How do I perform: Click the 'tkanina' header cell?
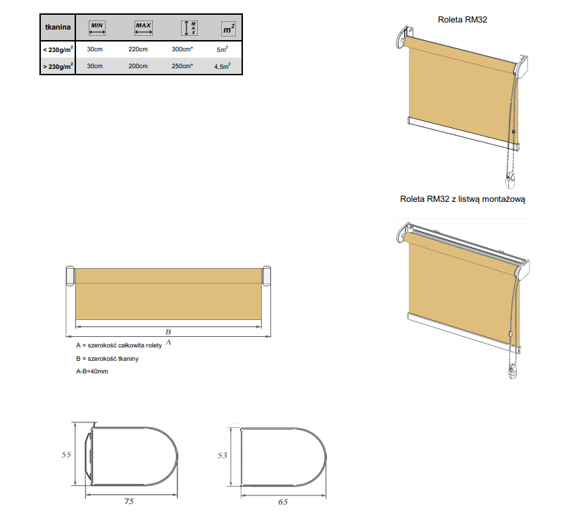(58, 27)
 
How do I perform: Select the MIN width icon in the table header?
(97, 28)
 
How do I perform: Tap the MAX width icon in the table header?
(144, 28)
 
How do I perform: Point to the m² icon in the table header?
(228, 29)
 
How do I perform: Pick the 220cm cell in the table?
(138, 49)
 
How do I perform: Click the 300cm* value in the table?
(182, 49)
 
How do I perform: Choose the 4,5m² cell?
(222, 66)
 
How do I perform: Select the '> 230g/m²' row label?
(58, 66)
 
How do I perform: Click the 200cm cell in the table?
(138, 66)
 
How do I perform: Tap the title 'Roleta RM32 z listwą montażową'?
(463, 199)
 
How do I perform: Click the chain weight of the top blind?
(510, 181)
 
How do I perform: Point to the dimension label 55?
(66, 454)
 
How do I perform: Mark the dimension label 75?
(129, 501)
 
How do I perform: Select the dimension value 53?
(222, 455)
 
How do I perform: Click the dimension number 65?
(283, 502)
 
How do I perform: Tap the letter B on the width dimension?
(168, 331)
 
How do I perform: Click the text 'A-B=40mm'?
(92, 371)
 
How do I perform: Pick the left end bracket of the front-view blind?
(70, 276)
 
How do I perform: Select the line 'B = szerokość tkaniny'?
(108, 359)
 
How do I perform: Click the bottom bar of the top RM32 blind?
(463, 133)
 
